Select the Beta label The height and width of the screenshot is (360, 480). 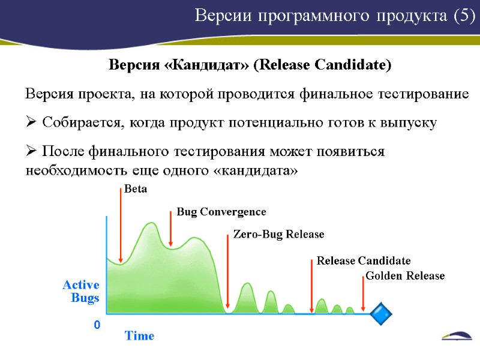click(x=135, y=189)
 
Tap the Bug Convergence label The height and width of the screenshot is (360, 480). click(x=221, y=212)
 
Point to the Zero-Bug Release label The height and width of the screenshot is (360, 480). click(x=278, y=234)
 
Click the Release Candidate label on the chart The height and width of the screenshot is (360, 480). click(x=364, y=261)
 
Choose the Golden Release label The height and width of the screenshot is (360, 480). click(x=405, y=276)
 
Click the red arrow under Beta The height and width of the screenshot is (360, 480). click(x=121, y=225)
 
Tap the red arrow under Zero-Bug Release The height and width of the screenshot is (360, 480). click(x=227, y=273)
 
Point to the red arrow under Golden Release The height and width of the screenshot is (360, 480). click(x=364, y=294)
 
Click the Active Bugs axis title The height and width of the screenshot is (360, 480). click(x=81, y=292)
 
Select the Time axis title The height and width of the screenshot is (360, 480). click(x=139, y=336)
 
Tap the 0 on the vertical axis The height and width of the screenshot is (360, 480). click(x=96, y=325)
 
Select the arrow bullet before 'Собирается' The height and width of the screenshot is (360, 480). click(x=31, y=123)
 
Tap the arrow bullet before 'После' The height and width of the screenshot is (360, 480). click(x=31, y=152)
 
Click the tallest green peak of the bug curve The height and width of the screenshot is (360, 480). click(x=151, y=224)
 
